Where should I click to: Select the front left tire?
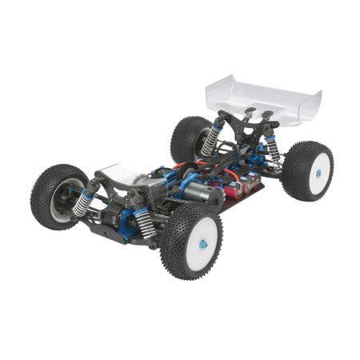(58, 196)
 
